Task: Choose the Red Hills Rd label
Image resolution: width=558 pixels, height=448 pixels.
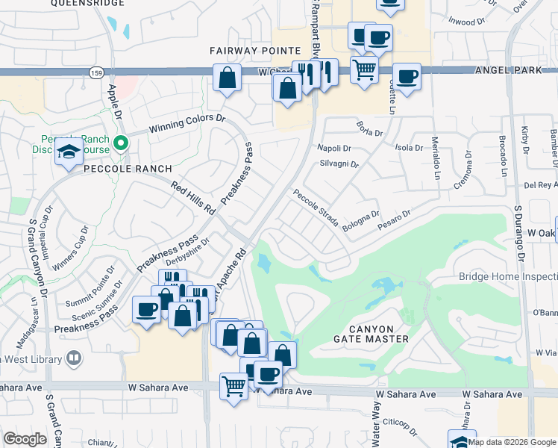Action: [192, 198]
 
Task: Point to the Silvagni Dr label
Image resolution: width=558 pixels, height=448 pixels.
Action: [339, 164]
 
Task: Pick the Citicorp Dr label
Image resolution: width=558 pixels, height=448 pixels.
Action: [398, 424]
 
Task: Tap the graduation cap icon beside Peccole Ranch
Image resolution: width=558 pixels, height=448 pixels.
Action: [69, 152]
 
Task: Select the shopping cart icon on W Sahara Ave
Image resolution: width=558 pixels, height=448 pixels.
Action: [233, 386]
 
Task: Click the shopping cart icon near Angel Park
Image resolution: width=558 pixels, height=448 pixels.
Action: [363, 70]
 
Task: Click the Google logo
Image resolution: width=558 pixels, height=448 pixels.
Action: [25, 439]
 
